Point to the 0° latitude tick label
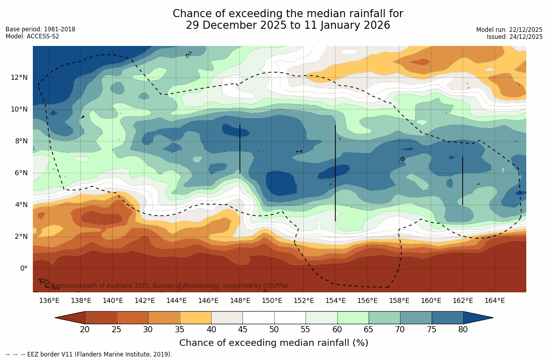point(23,268)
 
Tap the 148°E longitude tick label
point(240,300)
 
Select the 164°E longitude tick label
point(494,300)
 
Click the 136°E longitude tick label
point(49,300)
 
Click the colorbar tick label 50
point(274,330)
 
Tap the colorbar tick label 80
point(463,330)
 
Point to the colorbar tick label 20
point(85,330)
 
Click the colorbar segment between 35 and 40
point(195,318)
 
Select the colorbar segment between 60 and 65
point(353,318)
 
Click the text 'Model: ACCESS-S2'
point(32,36)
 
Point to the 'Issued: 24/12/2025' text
point(515,37)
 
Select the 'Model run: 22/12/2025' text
point(509,30)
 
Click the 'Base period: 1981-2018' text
point(40,29)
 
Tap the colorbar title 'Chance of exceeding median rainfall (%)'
point(274,343)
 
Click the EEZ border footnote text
point(89,354)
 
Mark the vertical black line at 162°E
point(462,181)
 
